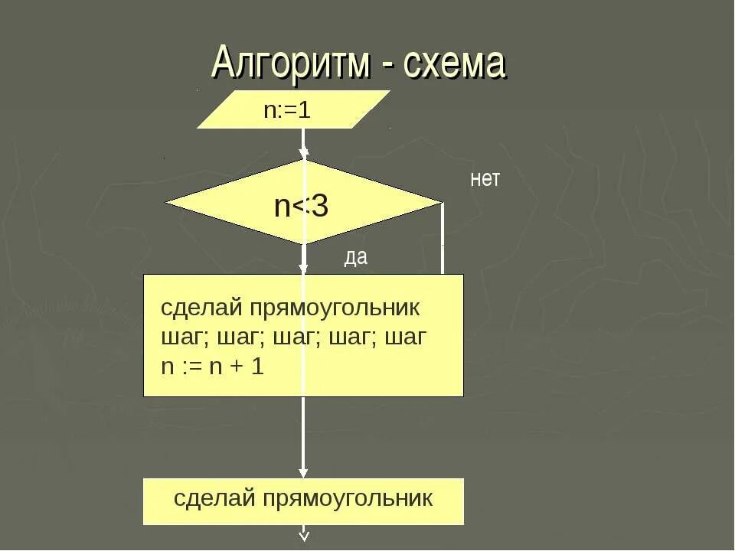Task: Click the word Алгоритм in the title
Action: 291,63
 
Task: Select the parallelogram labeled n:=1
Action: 293,109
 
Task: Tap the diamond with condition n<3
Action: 303,203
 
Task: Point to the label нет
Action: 485,180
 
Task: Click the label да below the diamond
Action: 355,258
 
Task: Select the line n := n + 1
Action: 212,367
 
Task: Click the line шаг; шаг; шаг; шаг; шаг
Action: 293,337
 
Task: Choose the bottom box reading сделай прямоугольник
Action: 303,501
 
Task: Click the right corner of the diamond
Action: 441,203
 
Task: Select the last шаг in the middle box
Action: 405,338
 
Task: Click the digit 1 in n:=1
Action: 305,109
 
